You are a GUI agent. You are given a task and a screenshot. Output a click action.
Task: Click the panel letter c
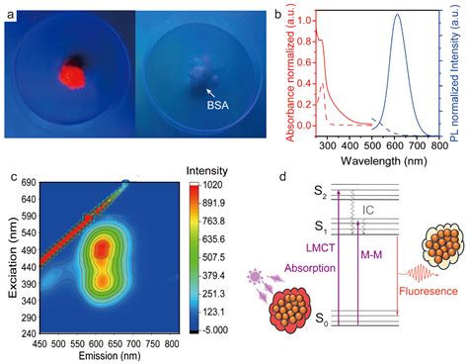[12, 178]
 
